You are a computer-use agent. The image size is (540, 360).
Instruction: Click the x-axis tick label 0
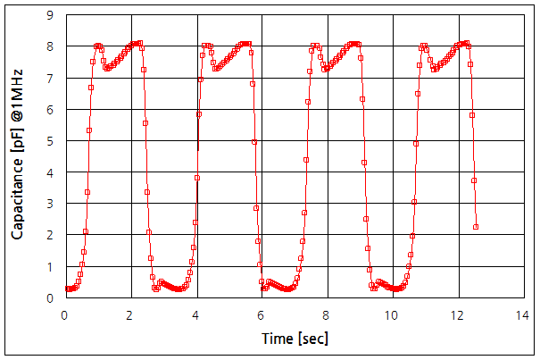(x=64, y=315)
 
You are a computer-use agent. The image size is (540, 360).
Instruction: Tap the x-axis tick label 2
(x=130, y=315)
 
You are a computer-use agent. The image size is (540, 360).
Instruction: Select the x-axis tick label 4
(x=196, y=315)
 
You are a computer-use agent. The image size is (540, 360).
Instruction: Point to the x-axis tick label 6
(x=262, y=315)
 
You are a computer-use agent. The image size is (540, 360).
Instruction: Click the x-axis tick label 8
(x=328, y=315)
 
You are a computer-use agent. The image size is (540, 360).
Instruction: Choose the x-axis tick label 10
(x=393, y=315)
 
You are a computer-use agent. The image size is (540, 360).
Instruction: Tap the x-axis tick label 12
(x=459, y=315)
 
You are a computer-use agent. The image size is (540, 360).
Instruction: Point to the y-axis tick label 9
(x=50, y=15)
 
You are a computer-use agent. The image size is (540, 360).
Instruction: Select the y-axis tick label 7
(x=50, y=79)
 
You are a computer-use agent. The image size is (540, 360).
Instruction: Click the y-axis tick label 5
(x=50, y=141)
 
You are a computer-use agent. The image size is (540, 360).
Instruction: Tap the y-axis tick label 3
(x=50, y=204)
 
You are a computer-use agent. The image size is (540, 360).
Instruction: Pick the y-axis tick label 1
(x=50, y=266)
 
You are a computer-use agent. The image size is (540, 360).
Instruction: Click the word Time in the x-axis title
(x=277, y=339)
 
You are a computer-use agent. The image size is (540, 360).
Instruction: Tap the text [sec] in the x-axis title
(x=310, y=339)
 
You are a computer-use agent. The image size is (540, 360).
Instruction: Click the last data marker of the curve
(x=476, y=227)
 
